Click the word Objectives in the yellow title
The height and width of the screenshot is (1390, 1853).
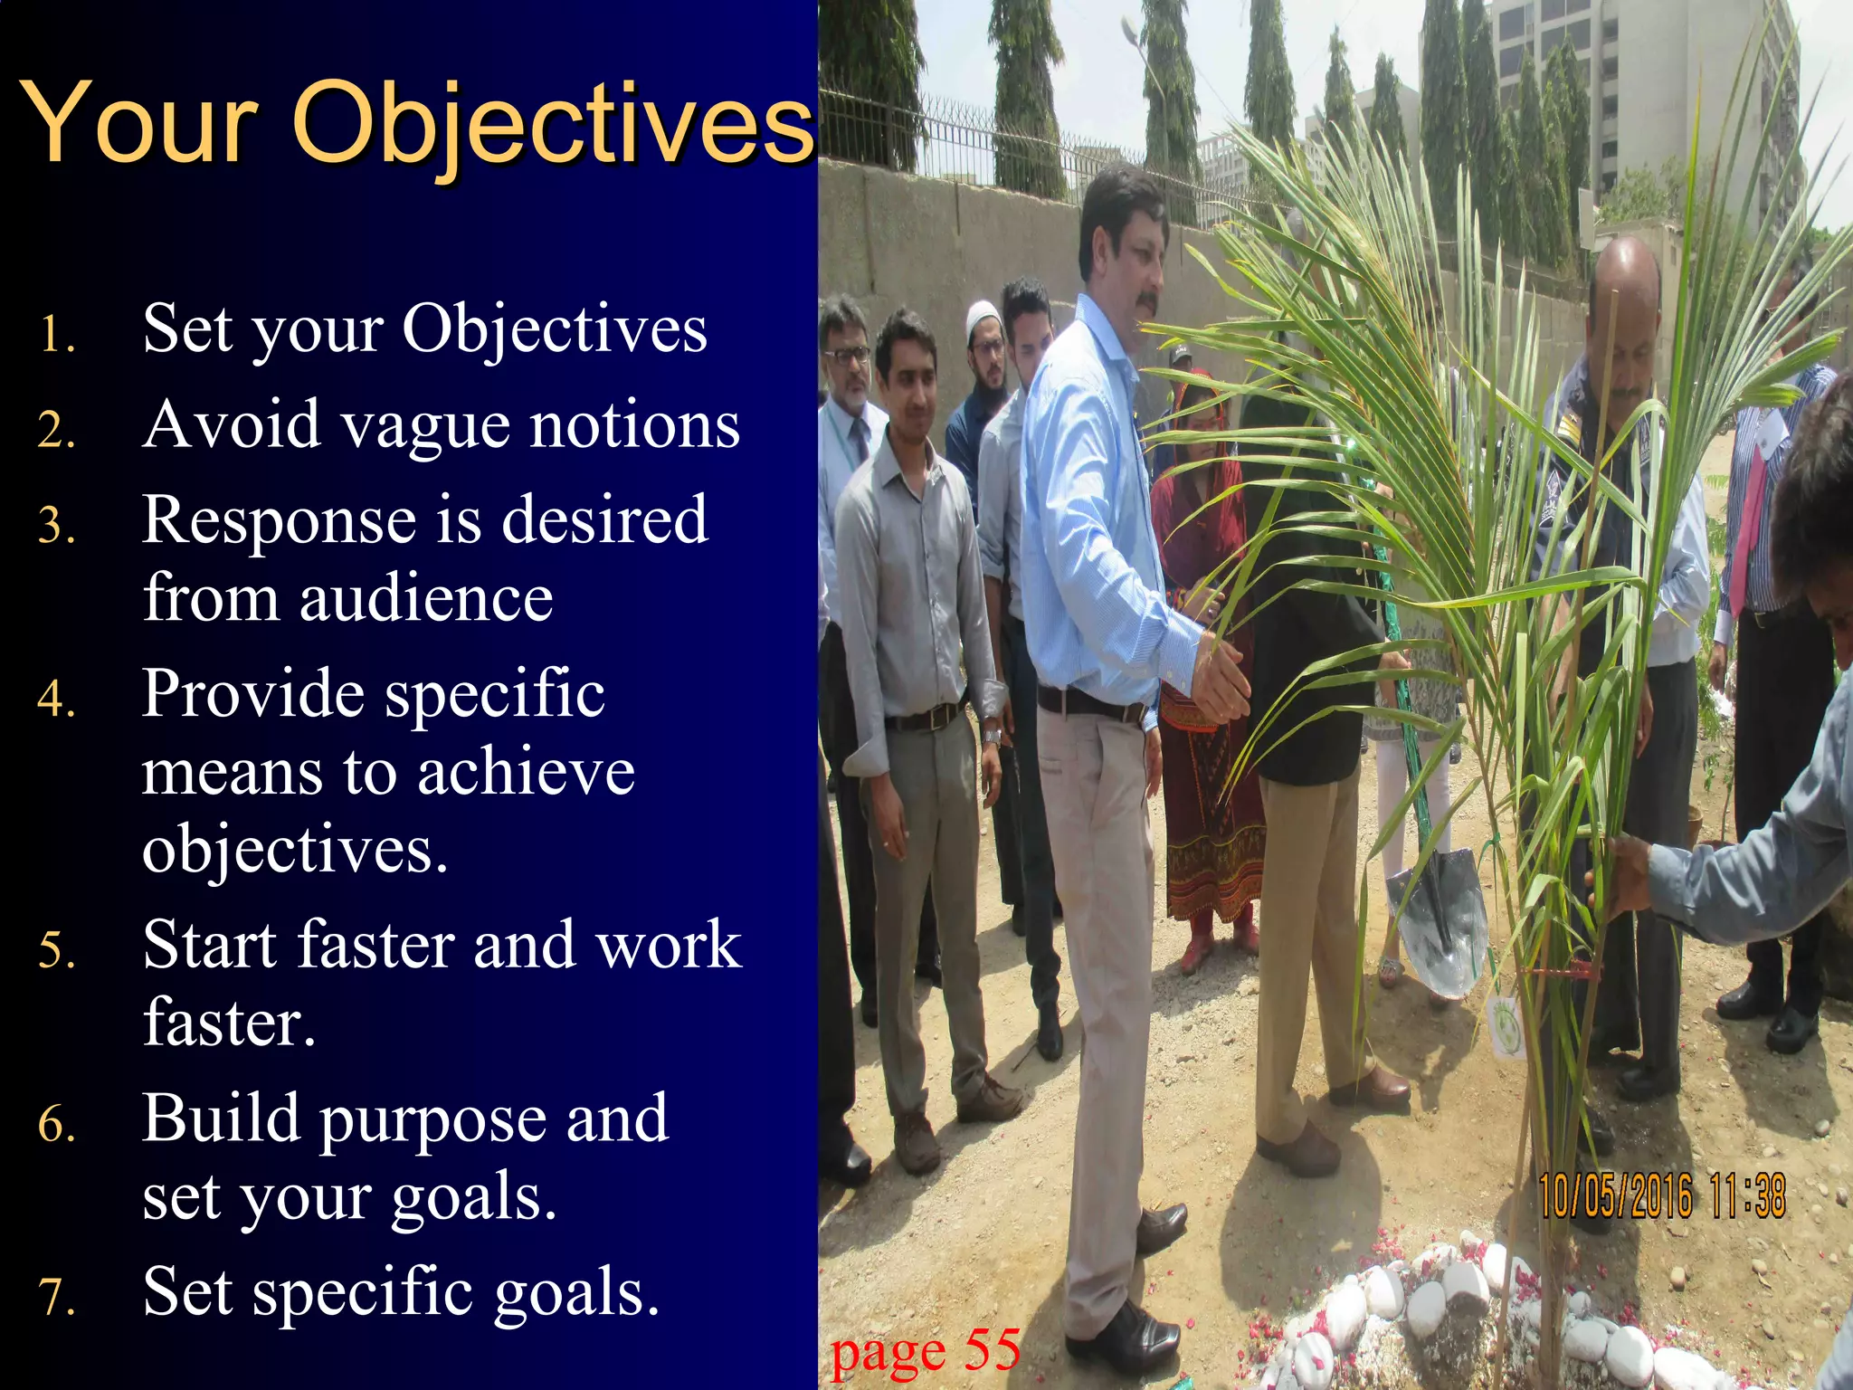[x=554, y=124]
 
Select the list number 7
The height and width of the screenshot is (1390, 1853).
[x=56, y=1297]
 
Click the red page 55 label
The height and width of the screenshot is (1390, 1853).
[x=925, y=1351]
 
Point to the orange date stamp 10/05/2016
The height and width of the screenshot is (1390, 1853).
[x=1615, y=1195]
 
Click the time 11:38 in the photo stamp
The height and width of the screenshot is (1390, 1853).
[x=1748, y=1195]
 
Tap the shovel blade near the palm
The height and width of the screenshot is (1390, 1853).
[x=1439, y=919]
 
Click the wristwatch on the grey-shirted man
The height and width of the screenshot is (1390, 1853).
[x=993, y=736]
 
